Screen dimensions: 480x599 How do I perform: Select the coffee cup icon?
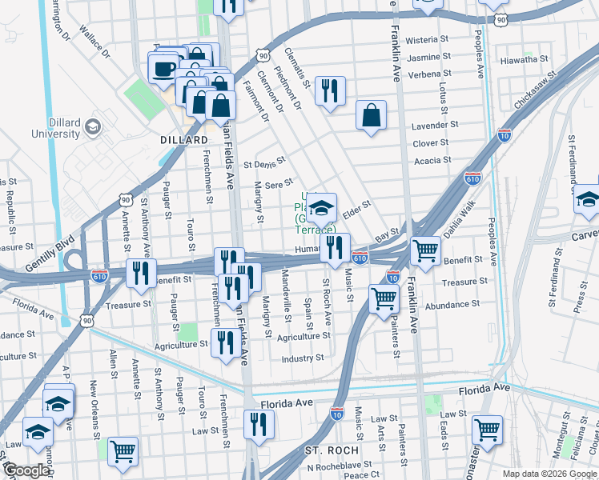[163, 67]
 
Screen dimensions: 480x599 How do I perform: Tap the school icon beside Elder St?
[321, 208]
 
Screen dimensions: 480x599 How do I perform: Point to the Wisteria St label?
[426, 39]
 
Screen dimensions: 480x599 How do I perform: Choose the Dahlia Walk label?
[460, 229]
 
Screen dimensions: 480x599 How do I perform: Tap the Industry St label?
[302, 358]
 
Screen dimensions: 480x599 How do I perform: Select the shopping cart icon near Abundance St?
[384, 298]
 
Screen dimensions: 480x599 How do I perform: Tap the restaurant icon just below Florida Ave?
[258, 424]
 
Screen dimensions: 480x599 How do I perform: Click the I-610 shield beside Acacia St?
[473, 178]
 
